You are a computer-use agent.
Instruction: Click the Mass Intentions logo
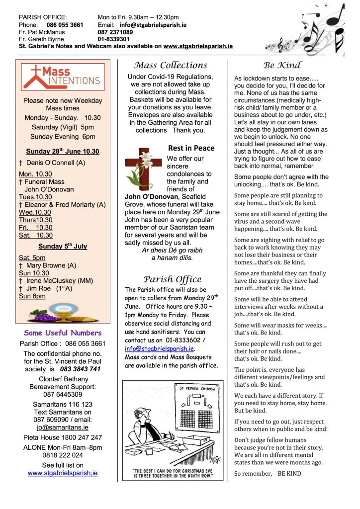[x=63, y=77]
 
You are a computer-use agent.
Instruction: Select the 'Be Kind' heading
[x=282, y=65]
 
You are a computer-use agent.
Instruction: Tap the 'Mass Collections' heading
[x=171, y=65]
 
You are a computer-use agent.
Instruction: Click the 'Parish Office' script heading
[x=172, y=279]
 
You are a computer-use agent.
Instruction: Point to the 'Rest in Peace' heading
[x=191, y=148]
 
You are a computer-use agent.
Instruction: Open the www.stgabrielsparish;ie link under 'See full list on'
[x=63, y=473]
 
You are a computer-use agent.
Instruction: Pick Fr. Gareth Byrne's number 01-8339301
[x=114, y=39]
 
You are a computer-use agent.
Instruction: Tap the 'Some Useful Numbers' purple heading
[x=63, y=333]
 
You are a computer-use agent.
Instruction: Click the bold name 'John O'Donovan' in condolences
[x=146, y=197]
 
